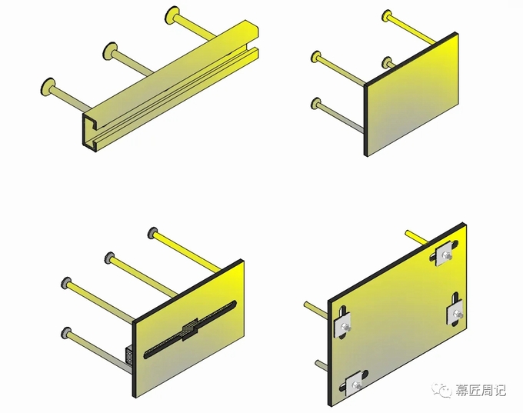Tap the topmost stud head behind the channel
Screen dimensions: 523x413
pyautogui.click(x=172, y=15)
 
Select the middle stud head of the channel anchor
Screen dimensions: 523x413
pyautogui.click(x=110, y=52)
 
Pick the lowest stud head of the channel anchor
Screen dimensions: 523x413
pyautogui.click(x=48, y=88)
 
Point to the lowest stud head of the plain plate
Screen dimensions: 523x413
pyautogui.click(x=316, y=103)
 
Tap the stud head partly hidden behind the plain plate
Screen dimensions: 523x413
pyautogui.click(x=387, y=62)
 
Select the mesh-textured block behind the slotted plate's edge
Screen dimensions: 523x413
pyautogui.click(x=128, y=355)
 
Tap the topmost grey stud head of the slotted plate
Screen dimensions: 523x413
pyautogui.click(x=153, y=232)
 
